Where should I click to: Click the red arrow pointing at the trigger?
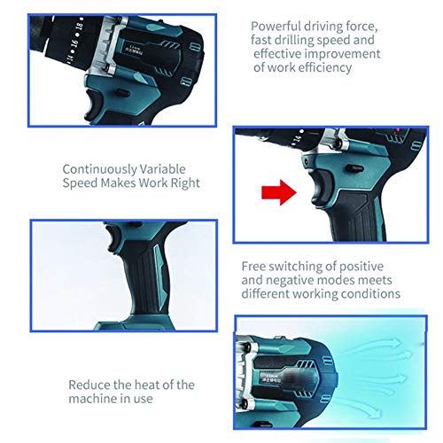[279, 192]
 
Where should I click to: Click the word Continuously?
[100, 169]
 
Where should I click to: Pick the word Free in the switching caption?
[253, 267]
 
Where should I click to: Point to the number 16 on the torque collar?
[74, 43]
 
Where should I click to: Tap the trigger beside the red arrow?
[322, 188]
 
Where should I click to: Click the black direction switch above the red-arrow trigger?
[354, 168]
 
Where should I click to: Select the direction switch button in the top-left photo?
[121, 93]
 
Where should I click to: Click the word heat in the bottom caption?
[147, 385]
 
